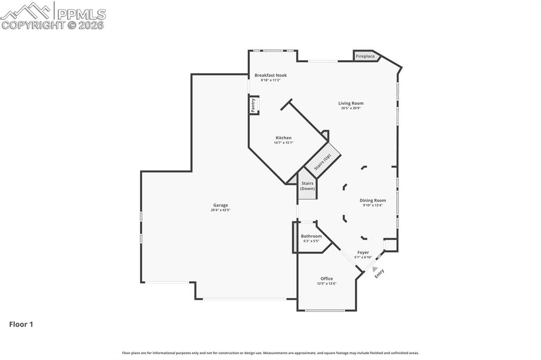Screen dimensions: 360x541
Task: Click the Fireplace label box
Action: tap(366, 56)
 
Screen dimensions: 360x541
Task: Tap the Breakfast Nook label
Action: tap(270, 75)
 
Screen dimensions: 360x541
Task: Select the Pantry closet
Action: tap(254, 105)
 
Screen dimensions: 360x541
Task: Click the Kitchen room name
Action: tap(283, 138)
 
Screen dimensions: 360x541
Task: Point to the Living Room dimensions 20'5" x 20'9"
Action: tap(351, 108)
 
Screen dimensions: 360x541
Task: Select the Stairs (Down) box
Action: tap(307, 186)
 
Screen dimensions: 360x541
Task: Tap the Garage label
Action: tap(220, 205)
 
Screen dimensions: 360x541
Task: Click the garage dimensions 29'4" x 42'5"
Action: tap(220, 210)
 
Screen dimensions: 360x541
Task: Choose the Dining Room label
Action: tap(372, 200)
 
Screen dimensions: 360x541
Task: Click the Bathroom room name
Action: tap(311, 236)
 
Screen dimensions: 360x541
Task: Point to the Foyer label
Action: tap(363, 252)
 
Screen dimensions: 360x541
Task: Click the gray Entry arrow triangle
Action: tap(375, 269)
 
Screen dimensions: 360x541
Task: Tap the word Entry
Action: tap(379, 273)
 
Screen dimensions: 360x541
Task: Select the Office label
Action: tap(327, 278)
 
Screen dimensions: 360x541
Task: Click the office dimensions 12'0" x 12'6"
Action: tap(327, 283)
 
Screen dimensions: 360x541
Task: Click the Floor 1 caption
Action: tap(21, 324)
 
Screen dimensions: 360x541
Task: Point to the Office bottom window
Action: tap(325, 310)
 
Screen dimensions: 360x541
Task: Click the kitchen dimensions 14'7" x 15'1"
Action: tap(283, 143)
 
